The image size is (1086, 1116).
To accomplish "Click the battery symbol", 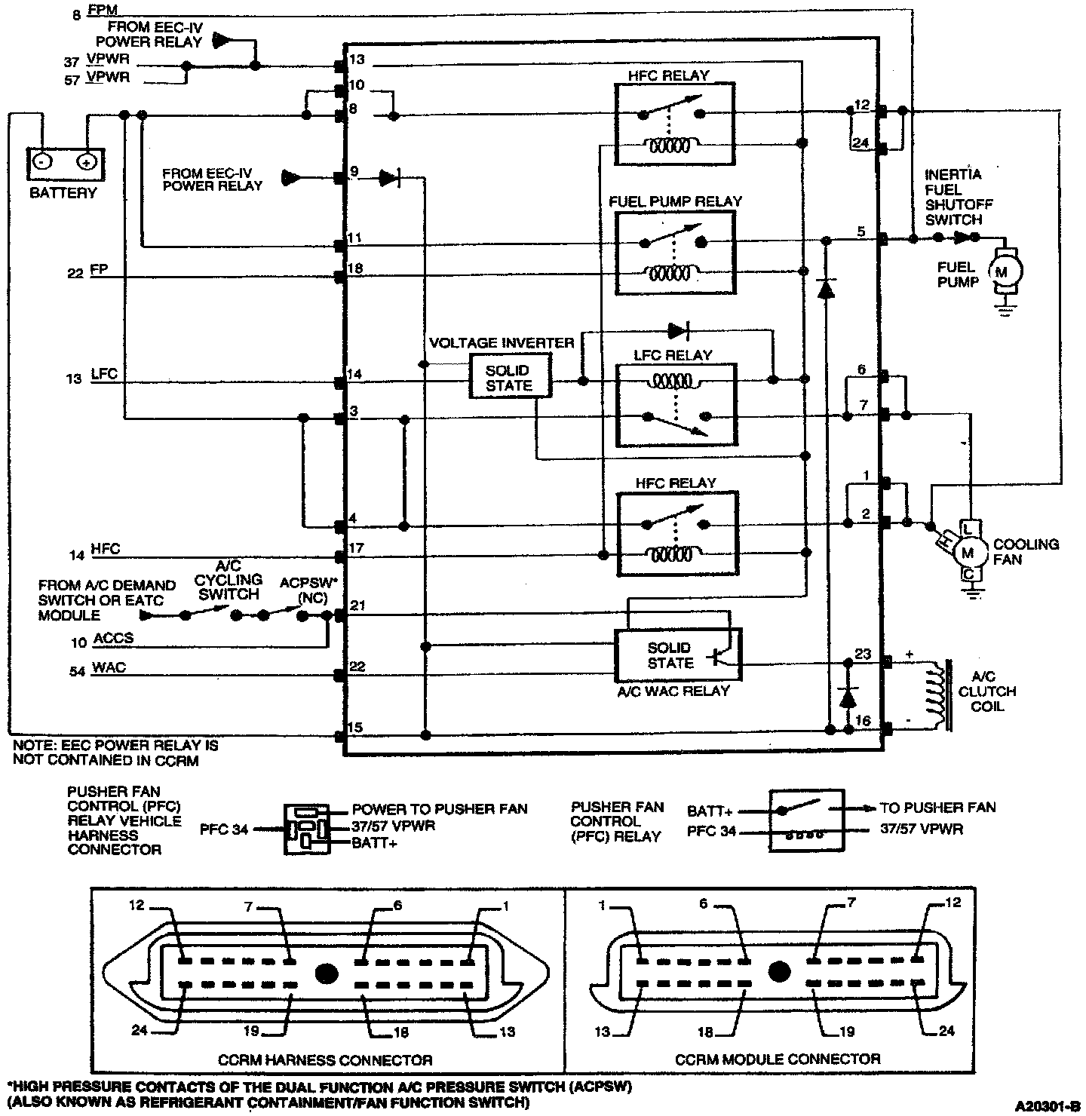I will pos(64,161).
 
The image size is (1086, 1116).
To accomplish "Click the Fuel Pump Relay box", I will pos(675,252).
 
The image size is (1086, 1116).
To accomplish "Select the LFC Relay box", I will pos(675,405).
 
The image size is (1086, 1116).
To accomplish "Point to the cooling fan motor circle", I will pos(968,552).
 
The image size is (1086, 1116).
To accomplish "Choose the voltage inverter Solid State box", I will pos(509,378).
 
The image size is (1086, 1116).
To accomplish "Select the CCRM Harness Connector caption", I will pos(325,1059).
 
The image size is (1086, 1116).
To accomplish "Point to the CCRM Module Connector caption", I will pos(778,1059).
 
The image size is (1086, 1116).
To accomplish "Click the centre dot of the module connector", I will pos(778,971).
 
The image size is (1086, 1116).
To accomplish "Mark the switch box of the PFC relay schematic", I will pos(805,820).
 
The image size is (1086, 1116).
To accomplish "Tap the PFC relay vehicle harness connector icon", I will pos(307,829).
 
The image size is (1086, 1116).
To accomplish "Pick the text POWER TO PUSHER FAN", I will pos(440,809).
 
